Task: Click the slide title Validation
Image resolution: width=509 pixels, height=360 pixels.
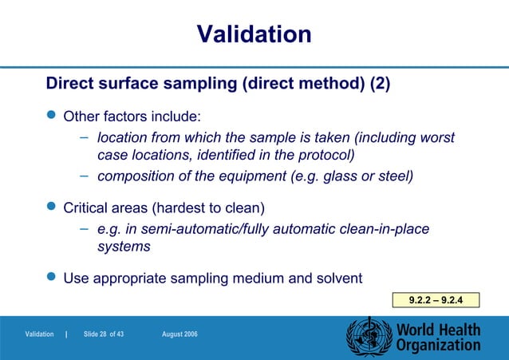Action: pos(254,34)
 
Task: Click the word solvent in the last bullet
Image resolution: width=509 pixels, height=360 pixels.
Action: pos(335,279)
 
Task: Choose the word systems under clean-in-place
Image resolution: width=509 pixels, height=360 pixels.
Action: pos(124,247)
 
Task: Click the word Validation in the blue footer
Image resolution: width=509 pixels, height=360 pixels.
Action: pos(39,334)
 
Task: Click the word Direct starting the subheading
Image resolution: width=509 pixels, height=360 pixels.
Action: pos(72,84)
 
